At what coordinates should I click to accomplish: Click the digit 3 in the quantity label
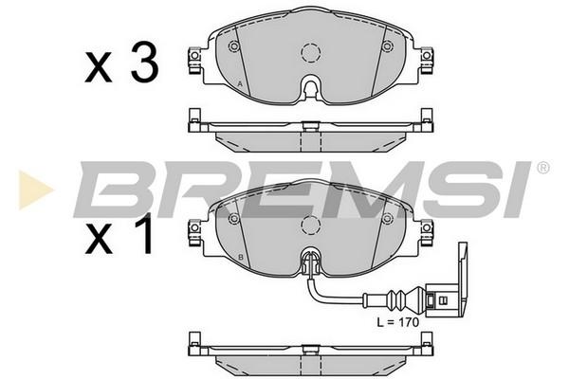(144, 62)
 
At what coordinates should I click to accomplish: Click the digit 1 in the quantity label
(144, 234)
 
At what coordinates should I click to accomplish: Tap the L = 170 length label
(397, 322)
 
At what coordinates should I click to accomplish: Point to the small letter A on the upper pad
(240, 83)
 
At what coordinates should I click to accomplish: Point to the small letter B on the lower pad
(240, 258)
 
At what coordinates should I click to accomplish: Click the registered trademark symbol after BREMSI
(542, 168)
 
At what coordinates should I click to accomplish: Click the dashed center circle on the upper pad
(311, 53)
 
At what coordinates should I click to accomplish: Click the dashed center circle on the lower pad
(311, 226)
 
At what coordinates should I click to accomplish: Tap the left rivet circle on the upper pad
(234, 46)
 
